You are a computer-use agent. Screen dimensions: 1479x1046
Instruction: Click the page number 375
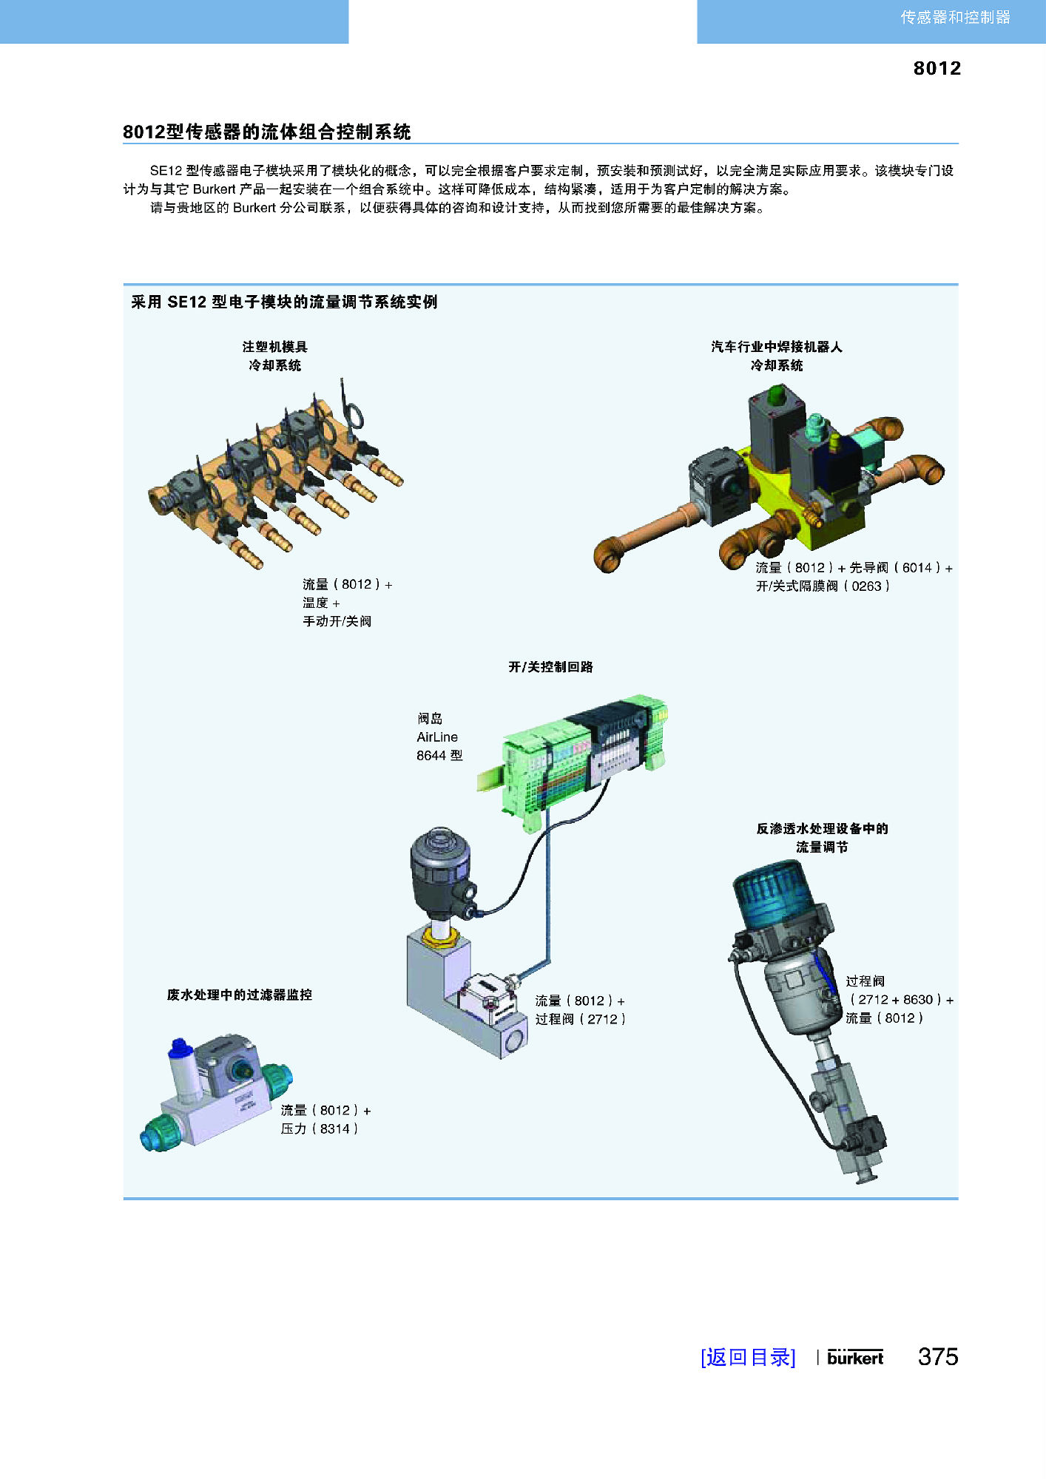pyautogui.click(x=937, y=1356)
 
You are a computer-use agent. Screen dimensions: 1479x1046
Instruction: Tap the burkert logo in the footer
pyautogui.click(x=855, y=1357)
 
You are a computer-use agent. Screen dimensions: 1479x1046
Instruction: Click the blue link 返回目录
pyautogui.click(x=747, y=1357)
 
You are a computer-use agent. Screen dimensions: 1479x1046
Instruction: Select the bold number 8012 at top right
pyautogui.click(x=937, y=68)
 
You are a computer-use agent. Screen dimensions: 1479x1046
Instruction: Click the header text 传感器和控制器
pyautogui.click(x=955, y=17)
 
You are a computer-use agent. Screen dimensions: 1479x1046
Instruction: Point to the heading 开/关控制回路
pyautogui.click(x=550, y=667)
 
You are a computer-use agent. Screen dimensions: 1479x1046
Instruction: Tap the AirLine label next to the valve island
pyautogui.click(x=437, y=737)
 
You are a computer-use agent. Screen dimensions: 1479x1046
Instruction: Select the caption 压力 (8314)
pyautogui.click(x=319, y=1128)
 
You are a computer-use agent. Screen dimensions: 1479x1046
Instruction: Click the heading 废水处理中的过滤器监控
pyautogui.click(x=240, y=995)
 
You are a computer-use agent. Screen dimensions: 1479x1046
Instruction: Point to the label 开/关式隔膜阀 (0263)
pyautogui.click(x=822, y=586)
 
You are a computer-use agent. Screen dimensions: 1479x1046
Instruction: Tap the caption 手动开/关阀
pyautogui.click(x=337, y=621)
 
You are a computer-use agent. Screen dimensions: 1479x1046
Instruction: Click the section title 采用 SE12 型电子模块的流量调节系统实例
pyautogui.click(x=284, y=302)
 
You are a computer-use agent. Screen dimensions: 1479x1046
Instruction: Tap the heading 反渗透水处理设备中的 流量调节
pyautogui.click(x=822, y=837)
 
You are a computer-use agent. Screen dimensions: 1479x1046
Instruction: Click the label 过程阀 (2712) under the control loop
pyautogui.click(x=580, y=1019)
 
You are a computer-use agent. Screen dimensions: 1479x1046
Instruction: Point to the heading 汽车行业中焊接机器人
pyautogui.click(x=776, y=347)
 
